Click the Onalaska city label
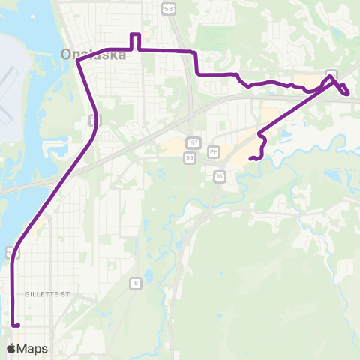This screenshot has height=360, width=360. point(97,54)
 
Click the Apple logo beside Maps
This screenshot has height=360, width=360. point(11,348)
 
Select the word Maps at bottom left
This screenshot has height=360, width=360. point(33,348)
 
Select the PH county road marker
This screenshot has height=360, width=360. point(214,151)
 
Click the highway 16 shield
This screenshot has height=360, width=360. point(219,175)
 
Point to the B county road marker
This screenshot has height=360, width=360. point(135,282)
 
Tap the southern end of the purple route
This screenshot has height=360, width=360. point(15,325)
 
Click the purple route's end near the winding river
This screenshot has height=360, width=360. point(252,158)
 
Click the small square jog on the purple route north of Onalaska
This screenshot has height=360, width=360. point(136,41)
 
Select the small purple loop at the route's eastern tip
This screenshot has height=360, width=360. point(344,90)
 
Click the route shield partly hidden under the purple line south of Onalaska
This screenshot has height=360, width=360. point(92,121)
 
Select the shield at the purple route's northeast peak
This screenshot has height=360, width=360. point(331,73)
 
